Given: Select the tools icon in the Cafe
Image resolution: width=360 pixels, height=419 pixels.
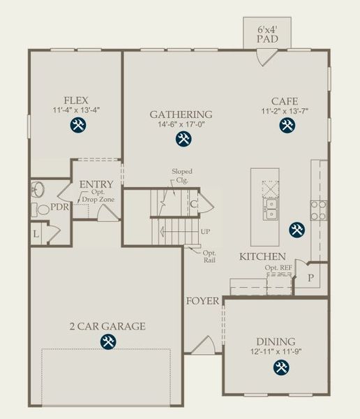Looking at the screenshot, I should click(287, 125).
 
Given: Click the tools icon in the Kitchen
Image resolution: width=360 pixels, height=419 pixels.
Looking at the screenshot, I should click(297, 229).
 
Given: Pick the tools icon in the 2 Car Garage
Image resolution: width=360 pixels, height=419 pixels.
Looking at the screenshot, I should click(107, 341).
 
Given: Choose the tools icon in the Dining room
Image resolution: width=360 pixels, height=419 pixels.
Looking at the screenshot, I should click(281, 368).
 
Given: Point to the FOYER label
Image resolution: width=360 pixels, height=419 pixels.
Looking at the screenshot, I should click(202, 301).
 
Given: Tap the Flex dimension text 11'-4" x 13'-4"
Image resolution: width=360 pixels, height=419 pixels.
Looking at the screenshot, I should click(76, 110).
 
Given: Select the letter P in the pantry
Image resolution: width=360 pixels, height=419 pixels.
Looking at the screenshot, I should click(311, 277).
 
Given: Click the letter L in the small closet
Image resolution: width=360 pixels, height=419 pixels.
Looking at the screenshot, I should click(36, 234).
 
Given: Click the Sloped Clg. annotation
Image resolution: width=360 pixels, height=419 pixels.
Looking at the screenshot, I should click(183, 176).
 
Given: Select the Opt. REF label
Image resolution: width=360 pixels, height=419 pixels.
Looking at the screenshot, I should click(278, 267).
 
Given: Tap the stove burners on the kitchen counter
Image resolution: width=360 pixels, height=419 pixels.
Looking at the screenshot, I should click(317, 209).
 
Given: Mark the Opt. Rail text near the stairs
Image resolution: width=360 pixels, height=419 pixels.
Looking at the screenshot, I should click(209, 256).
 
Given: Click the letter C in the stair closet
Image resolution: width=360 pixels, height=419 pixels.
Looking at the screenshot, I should click(193, 204).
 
